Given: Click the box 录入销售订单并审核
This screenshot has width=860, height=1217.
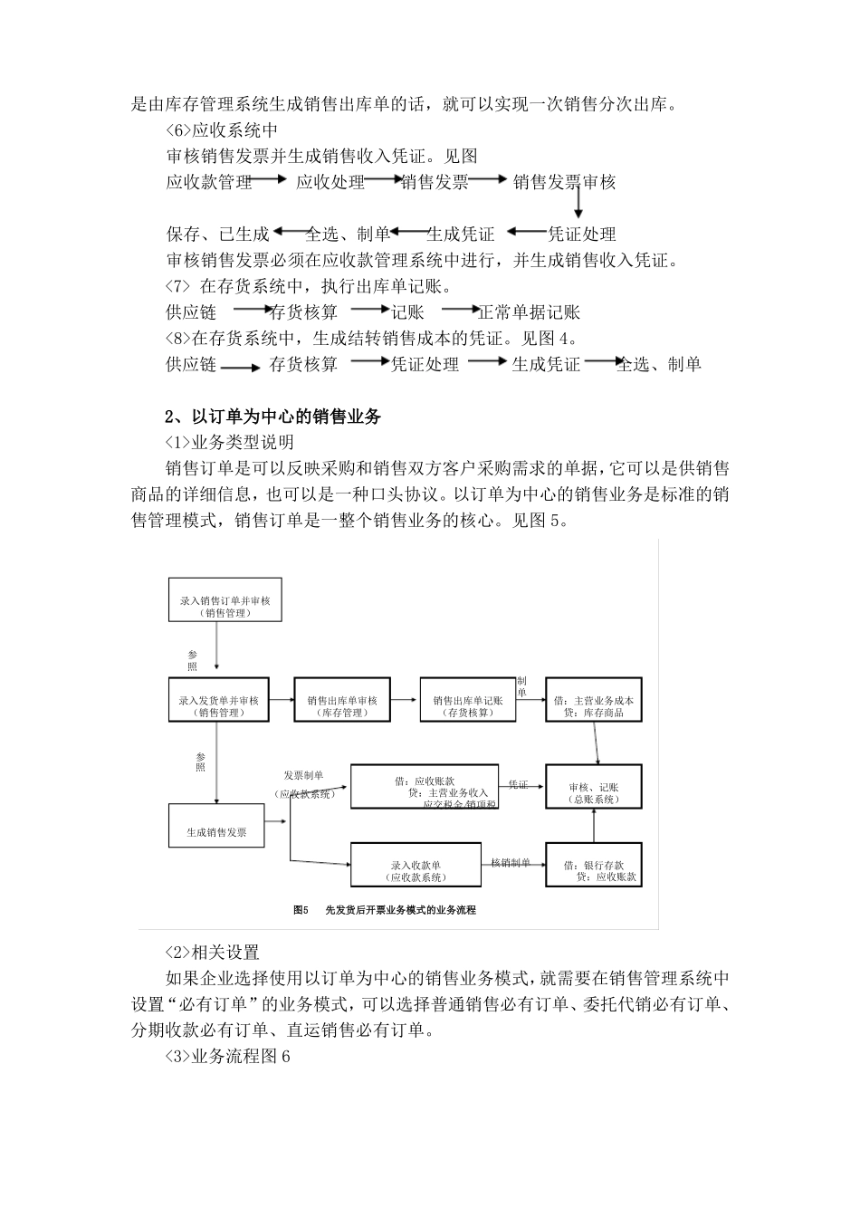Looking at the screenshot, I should tap(225, 599).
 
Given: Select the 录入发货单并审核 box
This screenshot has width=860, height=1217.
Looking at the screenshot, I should tap(218, 699).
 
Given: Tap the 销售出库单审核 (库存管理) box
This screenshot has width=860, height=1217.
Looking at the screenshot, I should tap(341, 699).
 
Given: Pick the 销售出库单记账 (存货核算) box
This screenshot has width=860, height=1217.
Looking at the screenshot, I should tap(467, 699).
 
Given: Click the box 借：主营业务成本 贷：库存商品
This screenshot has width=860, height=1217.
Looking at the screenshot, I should tap(593, 699).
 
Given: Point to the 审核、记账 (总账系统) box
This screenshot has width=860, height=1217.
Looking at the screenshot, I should tap(593, 787).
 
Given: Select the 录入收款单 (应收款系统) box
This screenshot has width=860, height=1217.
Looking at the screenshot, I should tap(416, 864).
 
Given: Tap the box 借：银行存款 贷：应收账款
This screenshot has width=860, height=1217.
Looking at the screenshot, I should tap(593, 864).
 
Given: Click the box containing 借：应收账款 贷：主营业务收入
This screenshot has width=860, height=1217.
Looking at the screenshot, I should tap(424, 786).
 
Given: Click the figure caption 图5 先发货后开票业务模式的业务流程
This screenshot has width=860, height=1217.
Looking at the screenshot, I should tap(385, 909).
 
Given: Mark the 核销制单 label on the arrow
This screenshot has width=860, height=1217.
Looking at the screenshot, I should tap(511, 862).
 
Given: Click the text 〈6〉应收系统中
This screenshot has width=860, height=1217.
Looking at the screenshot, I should tap(222, 129).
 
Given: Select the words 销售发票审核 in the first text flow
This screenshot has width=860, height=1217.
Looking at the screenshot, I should tap(564, 182).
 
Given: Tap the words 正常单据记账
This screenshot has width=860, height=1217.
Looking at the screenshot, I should tap(529, 312).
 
